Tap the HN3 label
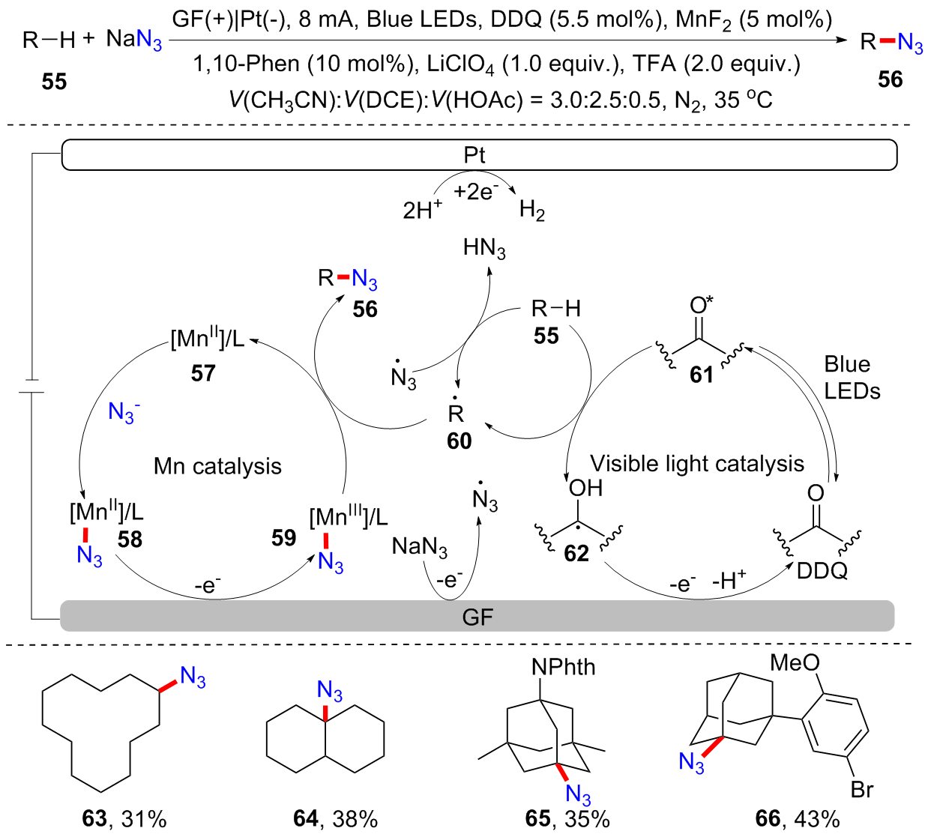click(484, 248)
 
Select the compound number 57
click(202, 372)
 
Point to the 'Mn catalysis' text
click(217, 466)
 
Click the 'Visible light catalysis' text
click(696, 464)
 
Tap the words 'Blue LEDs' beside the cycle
click(851, 377)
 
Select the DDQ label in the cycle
click(822, 571)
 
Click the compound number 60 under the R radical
click(459, 441)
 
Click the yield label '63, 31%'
click(124, 818)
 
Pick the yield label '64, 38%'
click(335, 818)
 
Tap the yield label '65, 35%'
click(567, 818)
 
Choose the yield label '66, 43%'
click(797, 818)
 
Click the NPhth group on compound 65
click(563, 666)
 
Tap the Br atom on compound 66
click(862, 789)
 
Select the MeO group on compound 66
click(795, 662)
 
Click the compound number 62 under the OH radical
click(576, 553)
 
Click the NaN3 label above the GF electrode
click(419, 547)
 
